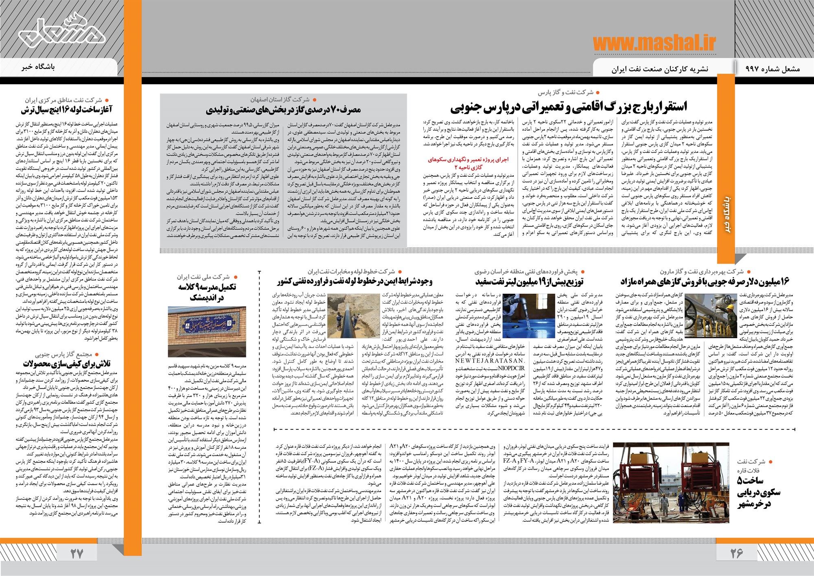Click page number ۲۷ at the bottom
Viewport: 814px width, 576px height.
[77, 554]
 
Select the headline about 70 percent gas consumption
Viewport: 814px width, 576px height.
[284, 110]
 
